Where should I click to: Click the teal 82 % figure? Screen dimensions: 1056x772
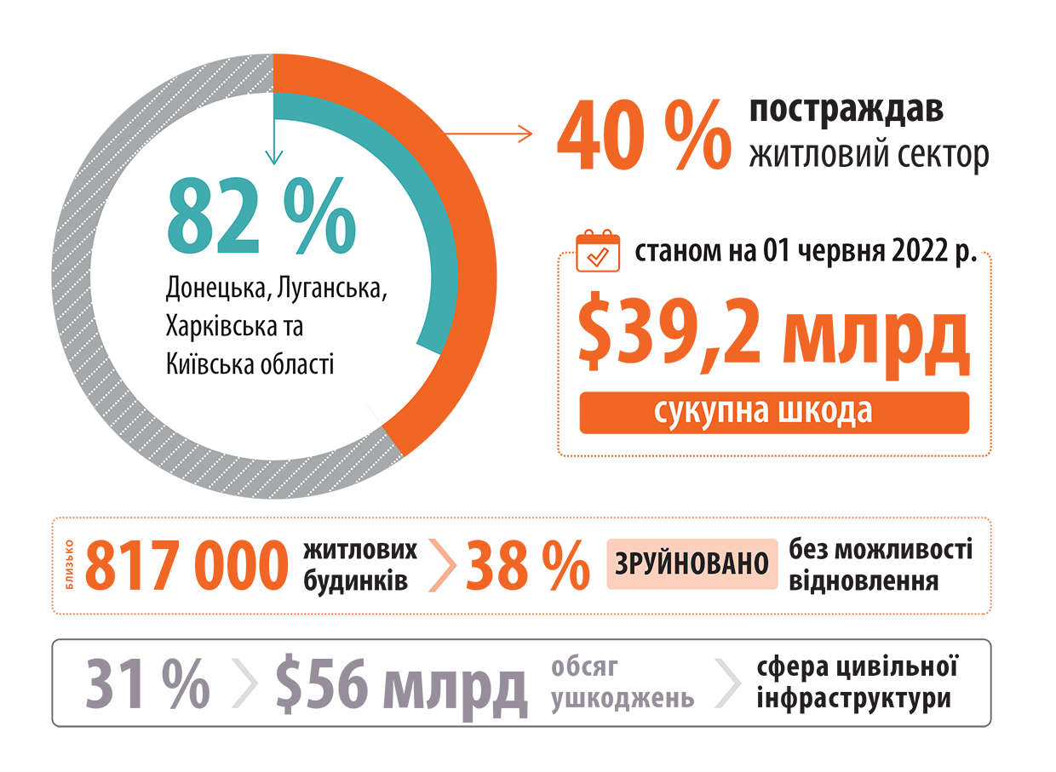pyautogui.click(x=261, y=216)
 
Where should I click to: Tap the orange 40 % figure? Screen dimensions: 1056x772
pyautogui.click(x=644, y=134)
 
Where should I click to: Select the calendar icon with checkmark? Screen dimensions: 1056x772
pyautogui.click(x=598, y=251)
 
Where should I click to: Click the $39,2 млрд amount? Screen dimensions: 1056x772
pyautogui.click(x=773, y=336)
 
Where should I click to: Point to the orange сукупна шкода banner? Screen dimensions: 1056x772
pyautogui.click(x=774, y=413)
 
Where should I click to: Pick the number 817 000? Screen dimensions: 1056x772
pyautogui.click(x=187, y=565)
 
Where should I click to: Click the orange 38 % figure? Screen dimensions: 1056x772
pyautogui.click(x=527, y=565)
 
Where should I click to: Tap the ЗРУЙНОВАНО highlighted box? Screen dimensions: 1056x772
pyautogui.click(x=692, y=563)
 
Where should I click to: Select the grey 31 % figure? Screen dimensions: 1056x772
pyautogui.click(x=147, y=683)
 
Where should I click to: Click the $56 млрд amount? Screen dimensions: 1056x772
pyautogui.click(x=401, y=687)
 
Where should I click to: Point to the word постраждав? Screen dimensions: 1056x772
pyautogui.click(x=847, y=111)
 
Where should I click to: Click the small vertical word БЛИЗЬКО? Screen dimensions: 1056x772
pyautogui.click(x=70, y=564)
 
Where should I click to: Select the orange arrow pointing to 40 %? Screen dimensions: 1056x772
pyautogui.click(x=489, y=134)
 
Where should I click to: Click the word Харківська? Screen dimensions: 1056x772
pyautogui.click(x=221, y=326)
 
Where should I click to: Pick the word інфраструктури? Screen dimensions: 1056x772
pyautogui.click(x=854, y=699)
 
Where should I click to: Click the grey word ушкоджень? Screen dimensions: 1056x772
pyautogui.click(x=623, y=699)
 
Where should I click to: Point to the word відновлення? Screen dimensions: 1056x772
pyautogui.click(x=864, y=580)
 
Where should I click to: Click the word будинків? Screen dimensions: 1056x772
pyautogui.click(x=355, y=580)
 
